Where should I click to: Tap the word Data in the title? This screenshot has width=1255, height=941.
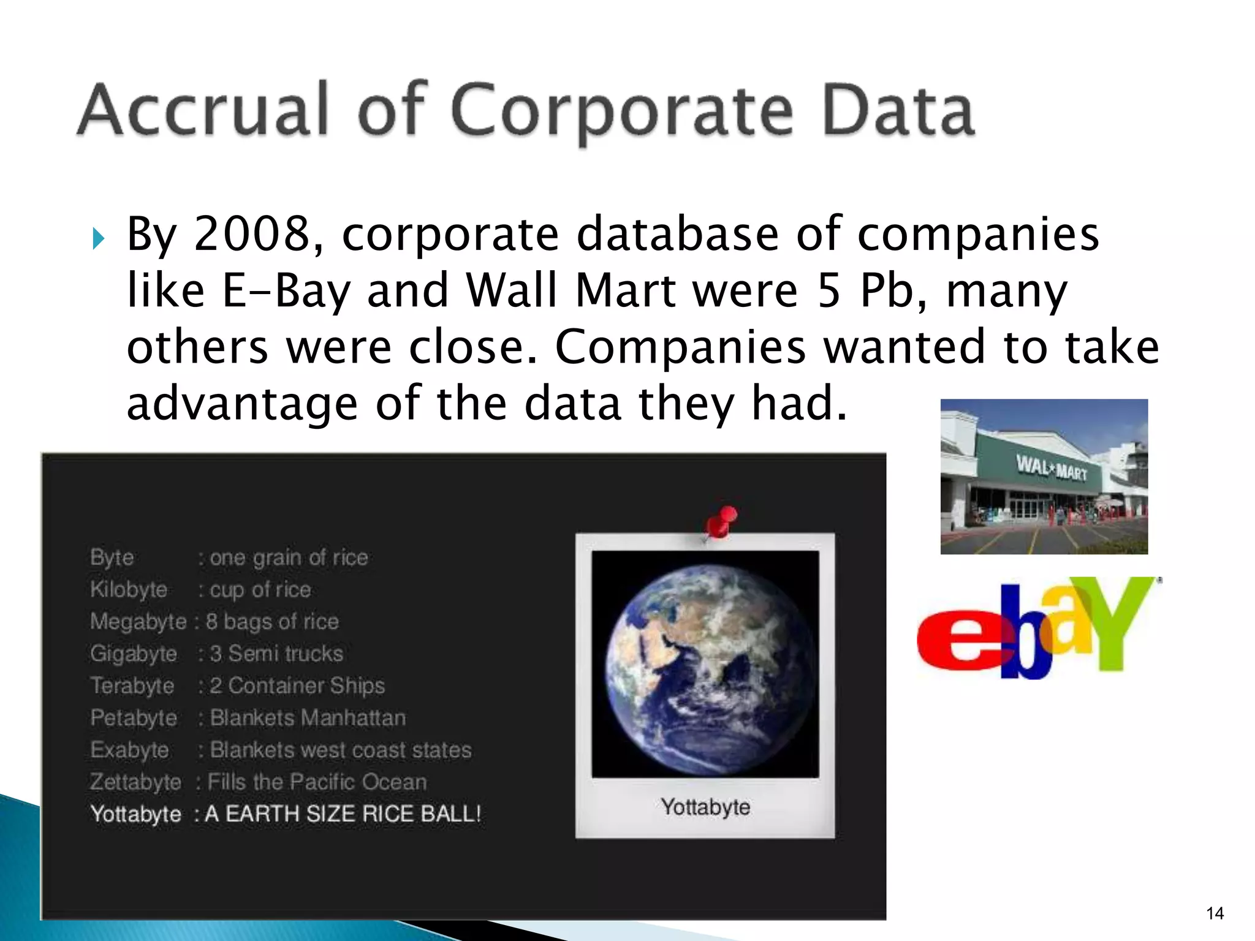(897, 110)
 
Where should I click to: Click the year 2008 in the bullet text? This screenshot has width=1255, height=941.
(252, 234)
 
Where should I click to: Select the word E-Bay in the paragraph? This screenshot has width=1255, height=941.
(286, 290)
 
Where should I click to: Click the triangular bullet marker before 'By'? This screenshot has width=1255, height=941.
(98, 238)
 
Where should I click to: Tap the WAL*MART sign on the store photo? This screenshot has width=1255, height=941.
(1052, 468)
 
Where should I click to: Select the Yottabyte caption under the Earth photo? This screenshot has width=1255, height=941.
(705, 807)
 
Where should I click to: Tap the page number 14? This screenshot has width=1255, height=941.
(1215, 913)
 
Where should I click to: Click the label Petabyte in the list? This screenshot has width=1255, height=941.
(134, 718)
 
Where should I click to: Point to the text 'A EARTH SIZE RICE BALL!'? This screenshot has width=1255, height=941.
(343, 814)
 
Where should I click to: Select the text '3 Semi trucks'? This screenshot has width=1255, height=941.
(276, 654)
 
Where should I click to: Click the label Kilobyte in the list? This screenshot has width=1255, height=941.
(129, 589)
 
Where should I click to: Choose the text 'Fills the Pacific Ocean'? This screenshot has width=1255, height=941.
(317, 782)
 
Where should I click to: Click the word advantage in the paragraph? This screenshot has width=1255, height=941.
(242, 404)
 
